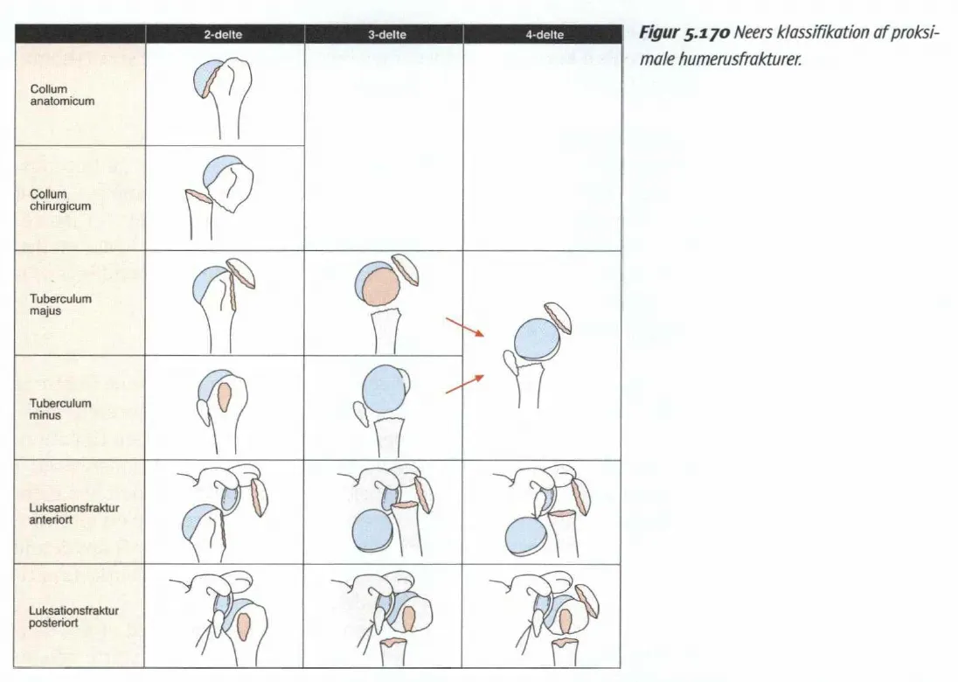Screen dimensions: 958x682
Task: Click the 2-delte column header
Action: click(223, 35)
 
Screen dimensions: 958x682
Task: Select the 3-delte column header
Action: click(386, 35)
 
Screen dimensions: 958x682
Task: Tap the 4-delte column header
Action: click(545, 35)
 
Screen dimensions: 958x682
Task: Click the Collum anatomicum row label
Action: click(62, 94)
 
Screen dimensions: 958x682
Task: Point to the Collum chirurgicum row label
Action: click(60, 200)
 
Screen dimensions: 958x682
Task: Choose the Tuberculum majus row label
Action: click(60, 304)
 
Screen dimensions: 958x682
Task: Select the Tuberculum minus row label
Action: click(60, 409)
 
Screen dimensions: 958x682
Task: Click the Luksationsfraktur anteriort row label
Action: click(74, 513)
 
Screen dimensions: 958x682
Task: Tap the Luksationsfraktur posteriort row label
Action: click(74, 616)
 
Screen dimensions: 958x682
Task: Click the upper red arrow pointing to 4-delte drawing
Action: click(464, 327)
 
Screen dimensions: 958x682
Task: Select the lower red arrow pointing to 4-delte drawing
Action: click(464, 385)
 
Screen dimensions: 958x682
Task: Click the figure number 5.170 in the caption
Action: click(707, 33)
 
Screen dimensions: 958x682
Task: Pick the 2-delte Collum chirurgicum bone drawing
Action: click(219, 197)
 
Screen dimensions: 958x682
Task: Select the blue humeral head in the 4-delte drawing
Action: click(537, 338)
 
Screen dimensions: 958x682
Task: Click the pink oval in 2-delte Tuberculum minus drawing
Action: click(225, 397)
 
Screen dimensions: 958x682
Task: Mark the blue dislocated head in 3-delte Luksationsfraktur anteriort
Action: click(373, 531)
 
